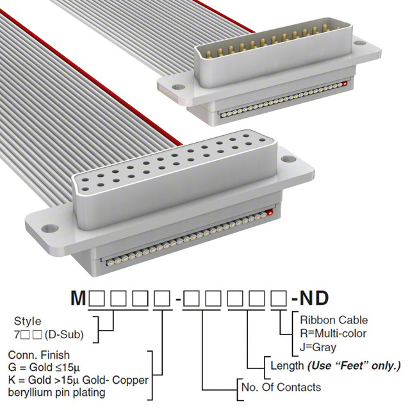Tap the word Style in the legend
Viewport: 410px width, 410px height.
coord(27,321)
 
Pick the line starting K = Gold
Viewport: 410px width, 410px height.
coord(78,380)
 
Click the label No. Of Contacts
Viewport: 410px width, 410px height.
coord(279,387)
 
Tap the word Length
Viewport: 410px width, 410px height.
coord(287,366)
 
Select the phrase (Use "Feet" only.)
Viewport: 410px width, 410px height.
coord(354,366)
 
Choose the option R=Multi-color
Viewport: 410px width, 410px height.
coord(331,333)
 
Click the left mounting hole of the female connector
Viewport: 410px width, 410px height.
coord(49,227)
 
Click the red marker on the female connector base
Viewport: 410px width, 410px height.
coord(269,211)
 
